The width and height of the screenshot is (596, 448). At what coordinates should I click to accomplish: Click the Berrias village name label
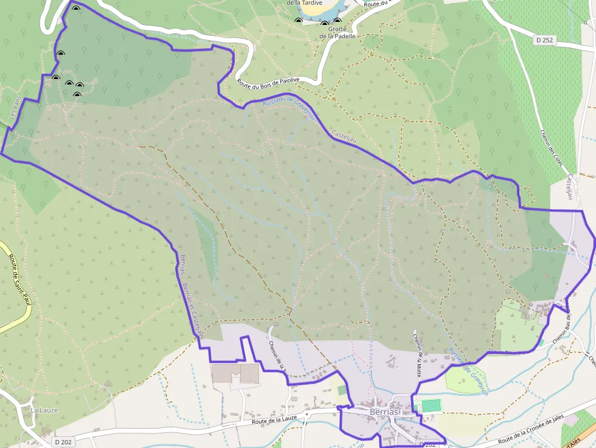[384, 412]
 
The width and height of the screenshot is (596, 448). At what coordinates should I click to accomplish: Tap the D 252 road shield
[544, 40]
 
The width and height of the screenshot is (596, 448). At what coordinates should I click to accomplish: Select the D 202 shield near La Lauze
[63, 442]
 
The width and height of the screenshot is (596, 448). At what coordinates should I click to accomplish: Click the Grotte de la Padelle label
[338, 32]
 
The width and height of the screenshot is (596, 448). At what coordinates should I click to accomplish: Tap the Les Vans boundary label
[12, 112]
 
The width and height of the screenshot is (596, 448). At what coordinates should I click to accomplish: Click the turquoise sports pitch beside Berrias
[431, 405]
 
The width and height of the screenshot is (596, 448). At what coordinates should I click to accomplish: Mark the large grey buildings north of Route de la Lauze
[235, 373]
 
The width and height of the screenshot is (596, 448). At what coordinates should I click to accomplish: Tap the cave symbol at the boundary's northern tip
[76, 10]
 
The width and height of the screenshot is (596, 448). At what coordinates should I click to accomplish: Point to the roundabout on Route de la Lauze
[307, 415]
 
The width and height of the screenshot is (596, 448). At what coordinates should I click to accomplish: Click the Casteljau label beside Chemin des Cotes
[571, 189]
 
